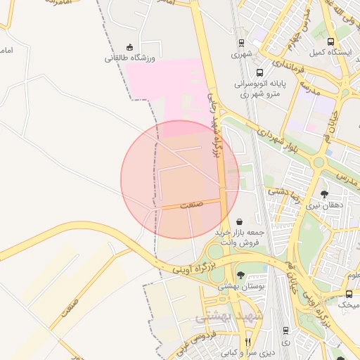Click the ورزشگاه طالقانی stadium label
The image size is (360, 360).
pyautogui.click(x=130, y=58)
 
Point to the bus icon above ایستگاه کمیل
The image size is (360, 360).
pyautogui.click(x=331, y=41)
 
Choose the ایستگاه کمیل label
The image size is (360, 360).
pyautogui.click(x=330, y=53)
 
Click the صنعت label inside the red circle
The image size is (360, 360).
pyautogui.click(x=191, y=205)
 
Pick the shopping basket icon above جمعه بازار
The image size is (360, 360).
pyautogui.click(x=240, y=221)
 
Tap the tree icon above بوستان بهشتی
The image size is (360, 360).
pyautogui.click(x=241, y=275)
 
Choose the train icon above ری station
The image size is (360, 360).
pyautogui.click(x=285, y=330)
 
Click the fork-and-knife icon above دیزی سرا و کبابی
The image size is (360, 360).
pyautogui.click(x=247, y=342)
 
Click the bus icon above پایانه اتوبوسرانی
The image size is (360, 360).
pyautogui.click(x=260, y=72)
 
